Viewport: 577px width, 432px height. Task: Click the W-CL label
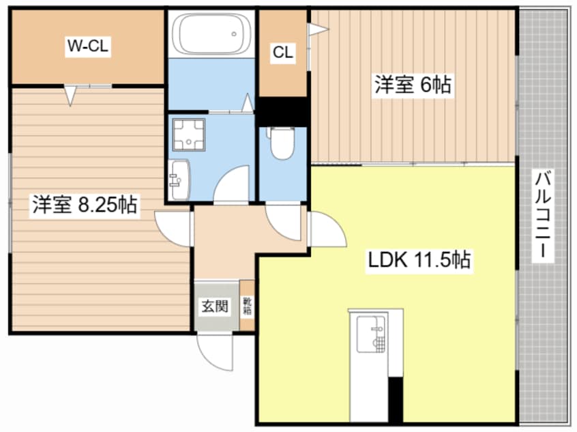[87, 46]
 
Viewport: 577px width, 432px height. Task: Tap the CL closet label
[283, 52]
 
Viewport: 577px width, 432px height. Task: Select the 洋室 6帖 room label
[413, 85]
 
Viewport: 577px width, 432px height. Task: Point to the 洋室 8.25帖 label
[85, 205]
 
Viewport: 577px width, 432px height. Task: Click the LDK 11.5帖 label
[419, 260]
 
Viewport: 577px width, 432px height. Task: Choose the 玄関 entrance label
[215, 306]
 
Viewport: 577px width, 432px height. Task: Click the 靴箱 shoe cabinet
[248, 306]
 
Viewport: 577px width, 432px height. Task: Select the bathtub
[212, 34]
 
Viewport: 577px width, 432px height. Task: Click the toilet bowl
[282, 143]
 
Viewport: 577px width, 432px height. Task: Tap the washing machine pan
[189, 134]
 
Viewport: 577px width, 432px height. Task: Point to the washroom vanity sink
[179, 180]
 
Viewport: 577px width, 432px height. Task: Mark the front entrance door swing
[215, 351]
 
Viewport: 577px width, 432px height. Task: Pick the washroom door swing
[231, 184]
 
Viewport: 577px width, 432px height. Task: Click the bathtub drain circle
[234, 34]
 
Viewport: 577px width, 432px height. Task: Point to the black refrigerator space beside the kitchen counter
[396, 400]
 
